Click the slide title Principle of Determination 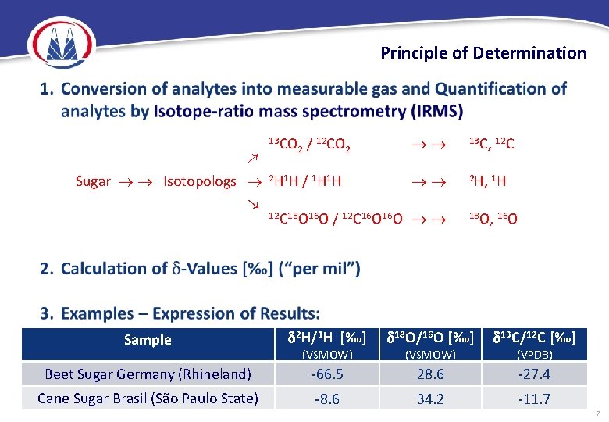point(483,53)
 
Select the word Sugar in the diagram point(93,181)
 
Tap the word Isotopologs point(199,181)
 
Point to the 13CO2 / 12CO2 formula point(308,144)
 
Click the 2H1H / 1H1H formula point(304,181)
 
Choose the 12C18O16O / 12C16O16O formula point(336,218)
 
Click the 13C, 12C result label point(491,144)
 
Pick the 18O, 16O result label point(492,218)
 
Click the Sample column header point(148,340)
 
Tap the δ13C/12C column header point(533,338)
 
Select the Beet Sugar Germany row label point(148,374)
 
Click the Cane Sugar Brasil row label point(148,399)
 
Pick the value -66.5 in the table point(327,374)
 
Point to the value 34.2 point(430,399)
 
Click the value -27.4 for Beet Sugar point(534,374)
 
